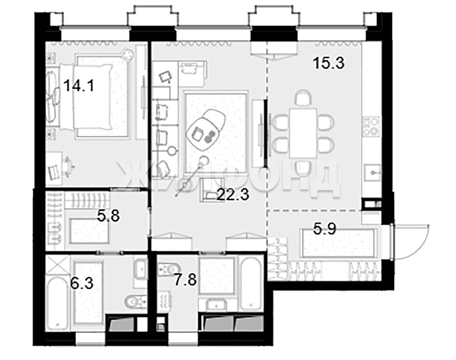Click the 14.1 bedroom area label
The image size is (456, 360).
(79, 86)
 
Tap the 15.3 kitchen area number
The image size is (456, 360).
(329, 63)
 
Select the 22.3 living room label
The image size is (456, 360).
(233, 195)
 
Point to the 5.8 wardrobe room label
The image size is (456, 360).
(108, 216)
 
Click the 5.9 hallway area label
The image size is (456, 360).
(325, 229)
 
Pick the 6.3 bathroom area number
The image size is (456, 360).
(82, 284)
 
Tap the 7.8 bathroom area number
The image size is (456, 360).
(185, 280)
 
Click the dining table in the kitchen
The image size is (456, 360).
(303, 133)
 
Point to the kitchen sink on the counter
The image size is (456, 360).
(373, 173)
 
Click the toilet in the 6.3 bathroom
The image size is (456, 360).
(136, 301)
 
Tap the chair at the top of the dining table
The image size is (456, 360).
(304, 98)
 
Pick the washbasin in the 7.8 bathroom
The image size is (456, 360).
(216, 305)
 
